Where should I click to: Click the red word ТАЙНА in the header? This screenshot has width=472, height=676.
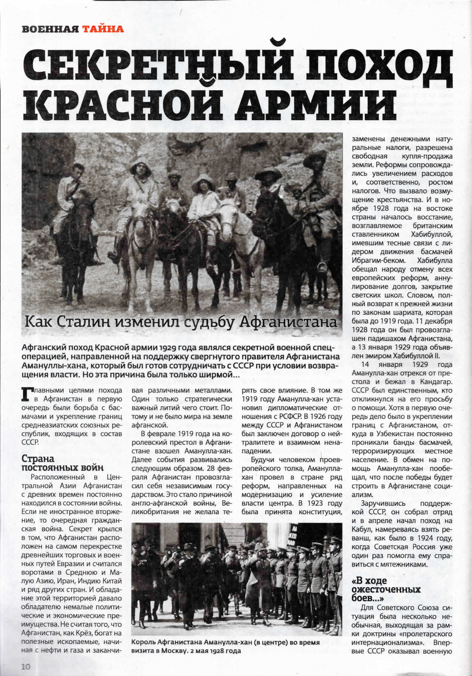tap(103, 29)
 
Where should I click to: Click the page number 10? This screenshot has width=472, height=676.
tap(26, 666)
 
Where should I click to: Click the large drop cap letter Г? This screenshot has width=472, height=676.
tap(27, 394)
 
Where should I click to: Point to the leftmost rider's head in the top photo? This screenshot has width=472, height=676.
tap(78, 170)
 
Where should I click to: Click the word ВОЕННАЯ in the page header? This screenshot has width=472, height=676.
tap(50, 29)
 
